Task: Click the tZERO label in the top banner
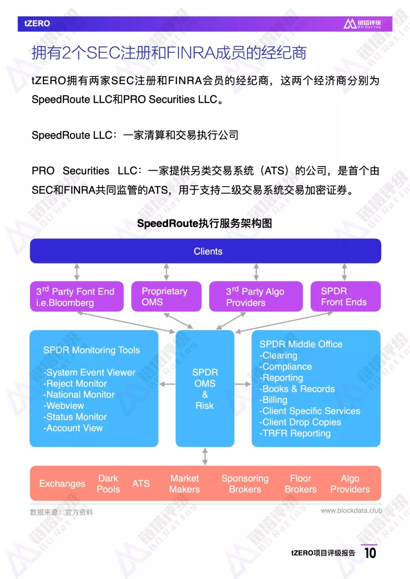(37, 24)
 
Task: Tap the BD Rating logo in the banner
(362, 24)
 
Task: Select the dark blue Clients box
(205, 251)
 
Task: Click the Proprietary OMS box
(166, 296)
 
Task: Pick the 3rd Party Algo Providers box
(256, 296)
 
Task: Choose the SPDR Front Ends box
(345, 296)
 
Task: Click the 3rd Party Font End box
(77, 296)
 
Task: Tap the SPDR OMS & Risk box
(205, 389)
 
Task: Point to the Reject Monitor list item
(75, 384)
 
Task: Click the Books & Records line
(297, 389)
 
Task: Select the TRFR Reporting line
(295, 433)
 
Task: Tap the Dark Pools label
(108, 483)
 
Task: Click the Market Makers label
(184, 483)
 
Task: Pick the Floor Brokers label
(301, 483)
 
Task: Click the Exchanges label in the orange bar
(62, 483)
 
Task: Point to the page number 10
(371, 553)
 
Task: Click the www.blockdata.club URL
(352, 510)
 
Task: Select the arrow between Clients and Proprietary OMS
(166, 272)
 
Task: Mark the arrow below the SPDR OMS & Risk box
(205, 457)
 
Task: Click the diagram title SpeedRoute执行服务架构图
(205, 223)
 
